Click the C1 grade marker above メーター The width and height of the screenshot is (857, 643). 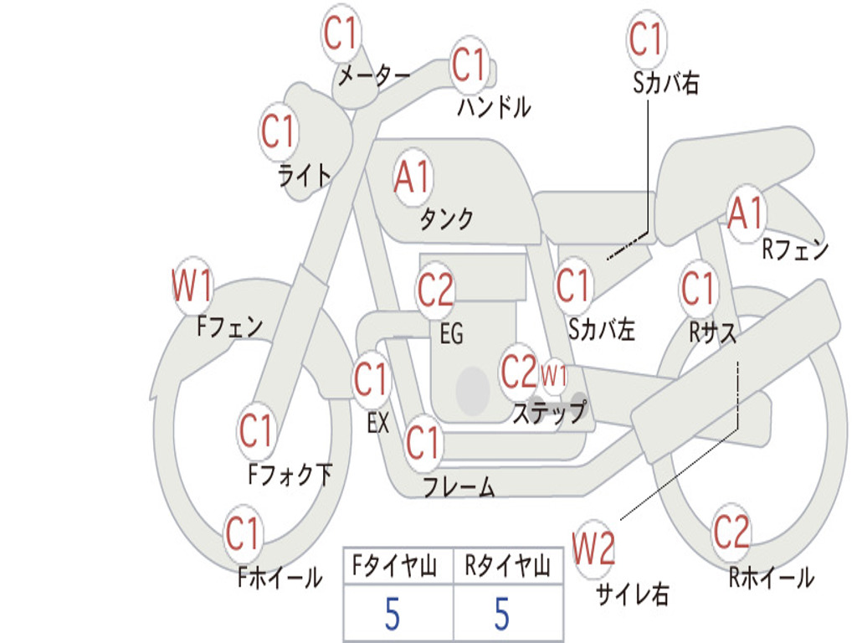coord(341,33)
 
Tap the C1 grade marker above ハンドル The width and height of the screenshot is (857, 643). coord(470,64)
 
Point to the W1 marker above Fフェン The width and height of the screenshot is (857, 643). coord(192,285)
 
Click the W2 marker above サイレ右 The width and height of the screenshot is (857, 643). coord(593,548)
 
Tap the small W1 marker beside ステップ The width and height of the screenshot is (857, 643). coord(554,376)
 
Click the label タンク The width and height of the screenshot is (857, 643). coord(446,219)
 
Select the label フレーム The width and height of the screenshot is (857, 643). coord(459,486)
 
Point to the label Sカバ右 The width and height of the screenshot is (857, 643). coord(665,84)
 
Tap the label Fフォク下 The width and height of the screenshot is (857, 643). coord(290,474)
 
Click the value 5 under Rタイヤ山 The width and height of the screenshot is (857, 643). coord(502,614)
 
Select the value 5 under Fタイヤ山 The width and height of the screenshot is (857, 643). coord(392,614)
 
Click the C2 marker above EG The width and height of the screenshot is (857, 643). coord(435,290)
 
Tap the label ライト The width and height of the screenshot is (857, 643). coord(305,176)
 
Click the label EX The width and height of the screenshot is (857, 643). coord(378,423)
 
